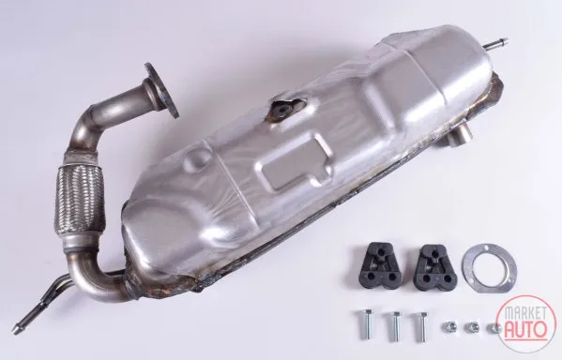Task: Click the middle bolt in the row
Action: pyautogui.click(x=394, y=326)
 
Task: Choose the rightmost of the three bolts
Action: pyautogui.click(x=421, y=326)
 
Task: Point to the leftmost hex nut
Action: pyautogui.click(x=449, y=326)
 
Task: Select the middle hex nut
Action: pyautogui.click(x=471, y=326)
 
